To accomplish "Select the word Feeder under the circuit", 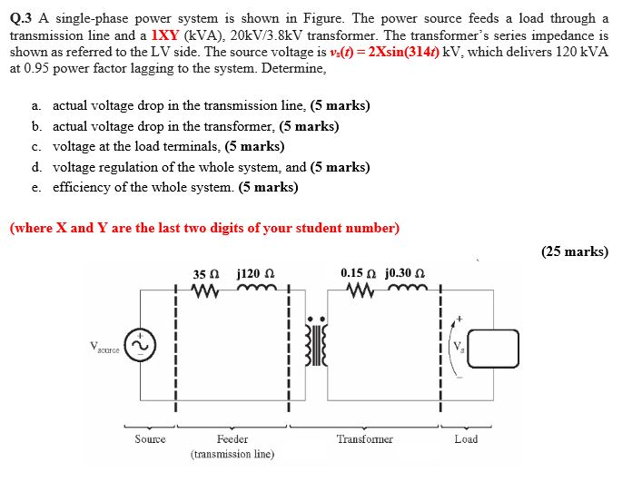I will tap(233, 439).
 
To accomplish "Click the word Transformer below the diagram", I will tap(364, 439).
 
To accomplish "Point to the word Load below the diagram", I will tap(466, 439).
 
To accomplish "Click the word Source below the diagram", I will tap(150, 439).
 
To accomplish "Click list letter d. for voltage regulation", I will tap(36, 167).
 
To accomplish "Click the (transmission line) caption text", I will tap(232, 453).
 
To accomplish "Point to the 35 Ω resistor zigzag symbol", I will tap(205, 292).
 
